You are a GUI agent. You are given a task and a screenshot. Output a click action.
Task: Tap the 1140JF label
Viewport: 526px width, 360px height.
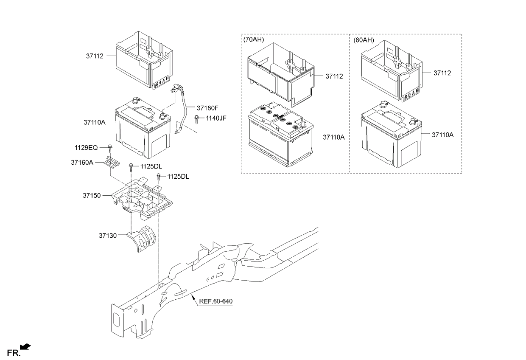[215, 118]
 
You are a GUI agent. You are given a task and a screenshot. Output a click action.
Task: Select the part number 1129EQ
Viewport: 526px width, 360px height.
[87, 148]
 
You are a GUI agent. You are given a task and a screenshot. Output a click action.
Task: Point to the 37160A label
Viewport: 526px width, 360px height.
[82, 162]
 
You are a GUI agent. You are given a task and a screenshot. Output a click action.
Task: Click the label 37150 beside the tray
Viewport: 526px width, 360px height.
[92, 196]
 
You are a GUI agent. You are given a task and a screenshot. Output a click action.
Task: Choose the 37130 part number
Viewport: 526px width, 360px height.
[108, 234]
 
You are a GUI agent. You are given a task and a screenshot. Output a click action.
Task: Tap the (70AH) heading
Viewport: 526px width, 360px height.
[253, 39]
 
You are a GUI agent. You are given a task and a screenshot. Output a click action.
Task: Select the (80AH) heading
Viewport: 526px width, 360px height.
[364, 39]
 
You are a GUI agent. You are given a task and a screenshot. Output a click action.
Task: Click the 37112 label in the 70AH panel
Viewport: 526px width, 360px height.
[334, 76]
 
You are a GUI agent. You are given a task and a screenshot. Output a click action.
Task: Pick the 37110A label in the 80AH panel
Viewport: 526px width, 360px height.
[442, 135]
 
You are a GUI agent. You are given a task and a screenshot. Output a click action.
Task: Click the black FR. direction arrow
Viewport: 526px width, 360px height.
[25, 348]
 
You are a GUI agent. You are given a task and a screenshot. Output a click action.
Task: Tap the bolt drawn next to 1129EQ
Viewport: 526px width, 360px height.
[109, 148]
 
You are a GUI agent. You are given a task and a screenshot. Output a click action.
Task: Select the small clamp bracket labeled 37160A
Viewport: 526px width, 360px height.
[112, 163]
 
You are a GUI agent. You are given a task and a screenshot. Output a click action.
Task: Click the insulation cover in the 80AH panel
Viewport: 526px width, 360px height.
[390, 68]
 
